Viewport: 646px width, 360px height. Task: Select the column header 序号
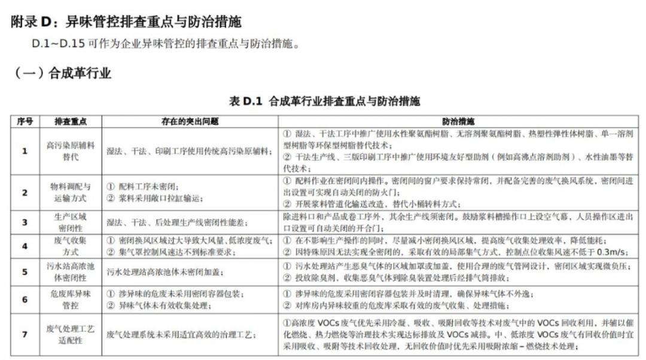pyautogui.click(x=25, y=121)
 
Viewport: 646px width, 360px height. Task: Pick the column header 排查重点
pyautogui.click(x=71, y=121)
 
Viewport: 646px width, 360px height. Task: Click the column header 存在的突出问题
pyautogui.click(x=190, y=121)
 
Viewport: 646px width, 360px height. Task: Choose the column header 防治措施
pyautogui.click(x=459, y=121)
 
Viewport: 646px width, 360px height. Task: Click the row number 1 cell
pyautogui.click(x=25, y=151)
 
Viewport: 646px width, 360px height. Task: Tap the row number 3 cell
pyautogui.click(x=25, y=222)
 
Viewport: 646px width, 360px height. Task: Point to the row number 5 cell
pyautogui.click(x=25, y=271)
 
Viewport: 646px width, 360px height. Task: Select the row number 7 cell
pyautogui.click(x=25, y=334)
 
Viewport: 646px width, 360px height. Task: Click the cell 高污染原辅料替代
pyautogui.click(x=71, y=151)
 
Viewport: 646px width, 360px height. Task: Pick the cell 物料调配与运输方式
pyautogui.click(x=71, y=192)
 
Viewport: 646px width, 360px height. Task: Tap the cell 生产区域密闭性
pyautogui.click(x=71, y=222)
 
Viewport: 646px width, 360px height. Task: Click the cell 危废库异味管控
pyautogui.click(x=71, y=300)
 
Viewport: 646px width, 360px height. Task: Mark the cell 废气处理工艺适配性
pyautogui.click(x=71, y=334)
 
